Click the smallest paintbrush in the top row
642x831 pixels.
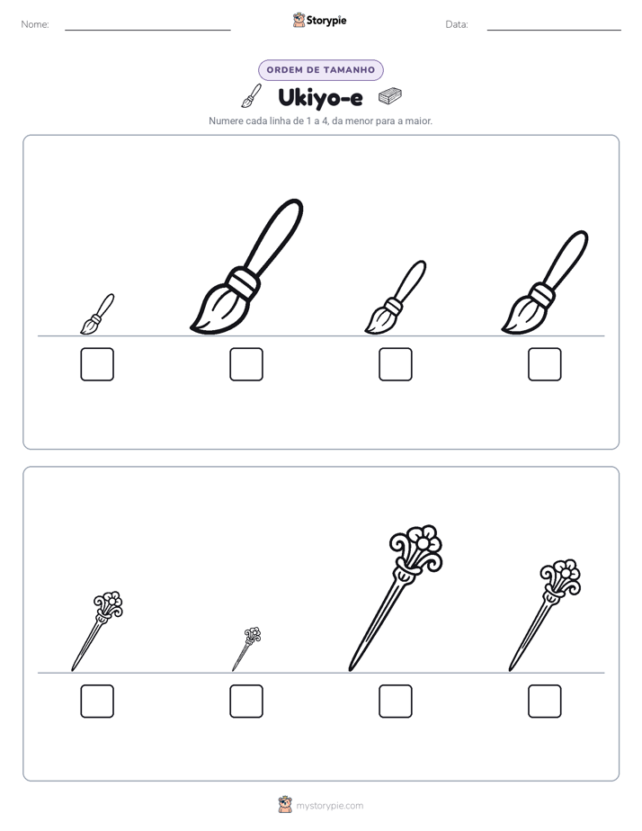point(97,314)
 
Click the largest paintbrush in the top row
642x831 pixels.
point(246,266)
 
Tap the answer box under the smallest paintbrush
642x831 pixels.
point(97,364)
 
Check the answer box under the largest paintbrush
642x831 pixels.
point(246,364)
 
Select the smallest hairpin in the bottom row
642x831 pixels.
point(246,649)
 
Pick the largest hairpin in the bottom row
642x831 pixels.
point(395,599)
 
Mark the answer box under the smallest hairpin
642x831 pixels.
point(246,701)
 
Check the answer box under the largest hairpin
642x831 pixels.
point(396,701)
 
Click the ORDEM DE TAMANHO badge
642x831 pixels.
point(321,70)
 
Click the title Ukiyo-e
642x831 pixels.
point(320,97)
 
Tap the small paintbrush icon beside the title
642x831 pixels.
point(252,95)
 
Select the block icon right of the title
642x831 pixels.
point(390,96)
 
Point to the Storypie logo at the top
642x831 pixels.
point(319,20)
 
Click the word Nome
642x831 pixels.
point(35,24)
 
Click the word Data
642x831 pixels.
point(457,24)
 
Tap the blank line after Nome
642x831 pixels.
point(147,31)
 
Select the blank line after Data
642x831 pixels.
point(554,31)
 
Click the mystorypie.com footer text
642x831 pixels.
point(329,806)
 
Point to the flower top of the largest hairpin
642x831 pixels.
point(416,548)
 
